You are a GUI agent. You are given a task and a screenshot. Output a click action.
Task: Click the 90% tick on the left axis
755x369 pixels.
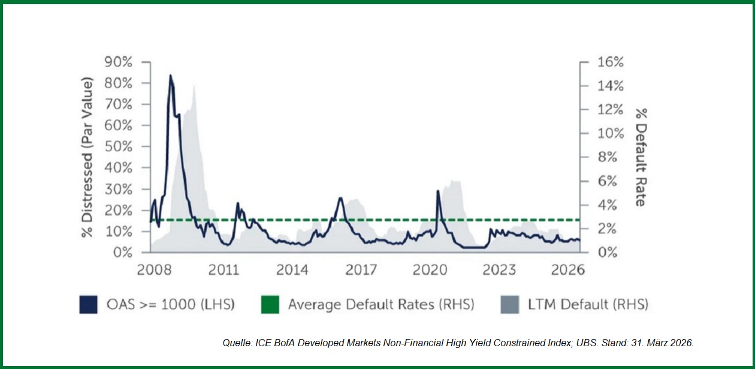pyautogui.click(x=120, y=62)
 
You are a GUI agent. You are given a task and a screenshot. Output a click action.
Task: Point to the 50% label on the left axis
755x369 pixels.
pyautogui.click(x=120, y=147)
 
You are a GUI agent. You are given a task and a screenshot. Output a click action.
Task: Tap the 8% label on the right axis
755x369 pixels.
pyautogui.click(x=606, y=157)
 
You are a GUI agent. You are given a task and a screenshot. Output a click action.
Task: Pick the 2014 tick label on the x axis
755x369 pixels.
pyautogui.click(x=292, y=270)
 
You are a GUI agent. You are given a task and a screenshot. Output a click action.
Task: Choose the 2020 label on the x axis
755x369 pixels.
pyautogui.click(x=430, y=270)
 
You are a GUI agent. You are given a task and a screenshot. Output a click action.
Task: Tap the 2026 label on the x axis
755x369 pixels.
pyautogui.click(x=567, y=270)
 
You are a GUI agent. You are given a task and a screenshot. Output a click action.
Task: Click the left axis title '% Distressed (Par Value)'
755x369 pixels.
pyautogui.click(x=88, y=157)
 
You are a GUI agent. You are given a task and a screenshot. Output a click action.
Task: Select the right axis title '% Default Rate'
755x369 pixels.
pyautogui.click(x=641, y=157)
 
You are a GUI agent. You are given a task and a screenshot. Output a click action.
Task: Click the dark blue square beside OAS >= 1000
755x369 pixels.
pyautogui.click(x=88, y=305)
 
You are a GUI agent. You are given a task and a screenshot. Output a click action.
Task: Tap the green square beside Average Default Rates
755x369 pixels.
pyautogui.click(x=270, y=305)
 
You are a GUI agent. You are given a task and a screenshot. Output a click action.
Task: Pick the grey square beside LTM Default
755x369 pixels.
pyautogui.click(x=509, y=305)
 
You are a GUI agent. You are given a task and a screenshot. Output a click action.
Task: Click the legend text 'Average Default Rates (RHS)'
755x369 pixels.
pyautogui.click(x=380, y=305)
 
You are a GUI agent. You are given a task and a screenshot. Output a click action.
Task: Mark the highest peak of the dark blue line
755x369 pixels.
pyautogui.click(x=170, y=76)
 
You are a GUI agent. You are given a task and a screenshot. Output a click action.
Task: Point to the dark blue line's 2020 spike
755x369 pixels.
pyautogui.click(x=437, y=191)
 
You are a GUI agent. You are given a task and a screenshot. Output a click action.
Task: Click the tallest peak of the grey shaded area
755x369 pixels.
pyautogui.click(x=194, y=86)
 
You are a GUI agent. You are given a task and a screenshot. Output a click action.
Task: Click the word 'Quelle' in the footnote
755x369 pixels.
pyautogui.click(x=235, y=343)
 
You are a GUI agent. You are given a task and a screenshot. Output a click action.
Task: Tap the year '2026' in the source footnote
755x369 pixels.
pyautogui.click(x=681, y=343)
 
